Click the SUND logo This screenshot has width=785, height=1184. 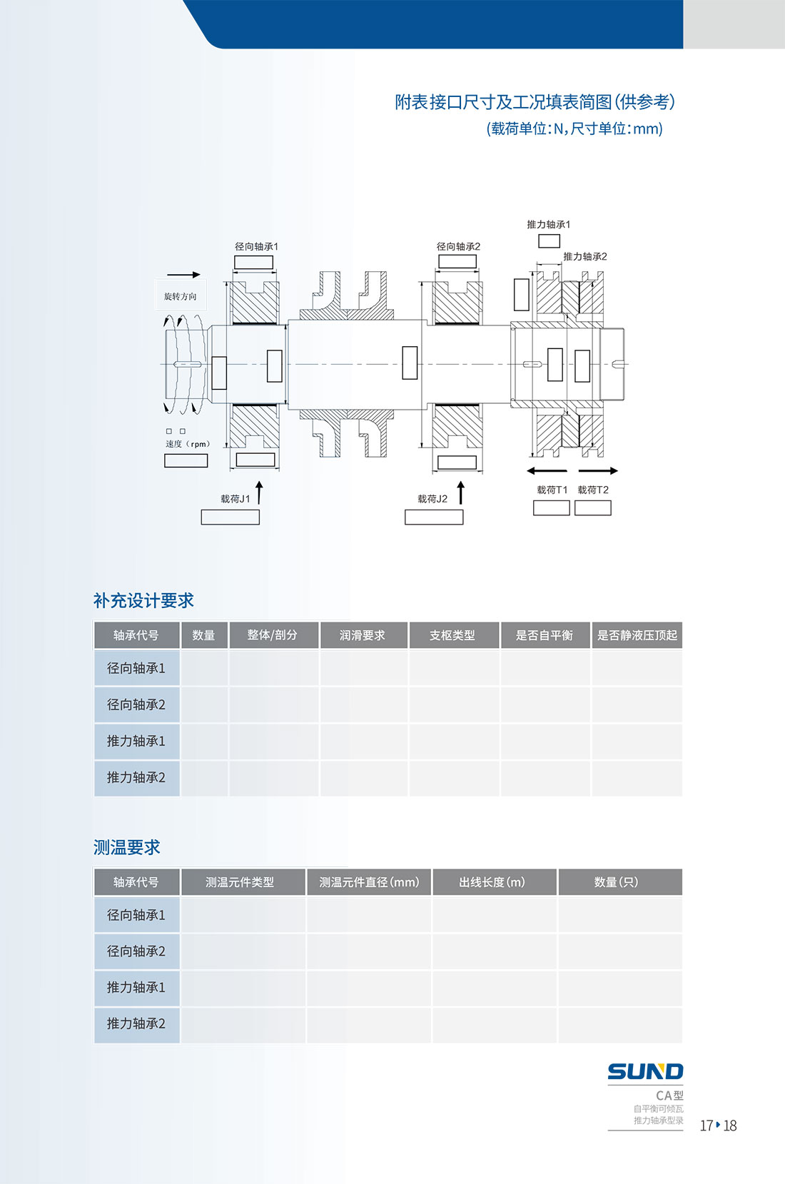pyautogui.click(x=645, y=1071)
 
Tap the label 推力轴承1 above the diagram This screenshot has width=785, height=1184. pyautogui.click(x=548, y=225)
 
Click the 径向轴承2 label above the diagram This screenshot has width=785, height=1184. pyautogui.click(x=458, y=246)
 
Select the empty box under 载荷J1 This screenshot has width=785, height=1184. pyautogui.click(x=231, y=517)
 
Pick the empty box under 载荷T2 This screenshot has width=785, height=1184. pyautogui.click(x=593, y=508)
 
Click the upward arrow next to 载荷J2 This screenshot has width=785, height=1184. pyautogui.click(x=461, y=492)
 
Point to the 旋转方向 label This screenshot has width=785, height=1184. pyautogui.click(x=181, y=296)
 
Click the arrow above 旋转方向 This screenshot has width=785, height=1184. pyautogui.click(x=183, y=274)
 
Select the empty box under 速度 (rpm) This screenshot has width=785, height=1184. pyautogui.click(x=186, y=461)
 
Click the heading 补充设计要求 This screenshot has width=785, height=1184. pyautogui.click(x=143, y=600)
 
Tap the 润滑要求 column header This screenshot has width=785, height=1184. pyautogui.click(x=363, y=634)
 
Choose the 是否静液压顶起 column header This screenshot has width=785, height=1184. pyautogui.click(x=637, y=634)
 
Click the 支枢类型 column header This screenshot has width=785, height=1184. pyautogui.click(x=453, y=634)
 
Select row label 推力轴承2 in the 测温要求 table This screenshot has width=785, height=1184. pyautogui.click(x=136, y=1024)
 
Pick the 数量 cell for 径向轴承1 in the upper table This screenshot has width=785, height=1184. pyautogui.click(x=205, y=668)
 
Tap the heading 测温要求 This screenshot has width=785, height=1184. pyautogui.click(x=127, y=847)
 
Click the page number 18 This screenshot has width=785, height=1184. pyautogui.click(x=730, y=1126)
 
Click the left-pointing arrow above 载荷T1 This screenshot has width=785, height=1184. pyautogui.click(x=547, y=470)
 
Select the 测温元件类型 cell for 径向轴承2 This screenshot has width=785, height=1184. pyautogui.click(x=243, y=951)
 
